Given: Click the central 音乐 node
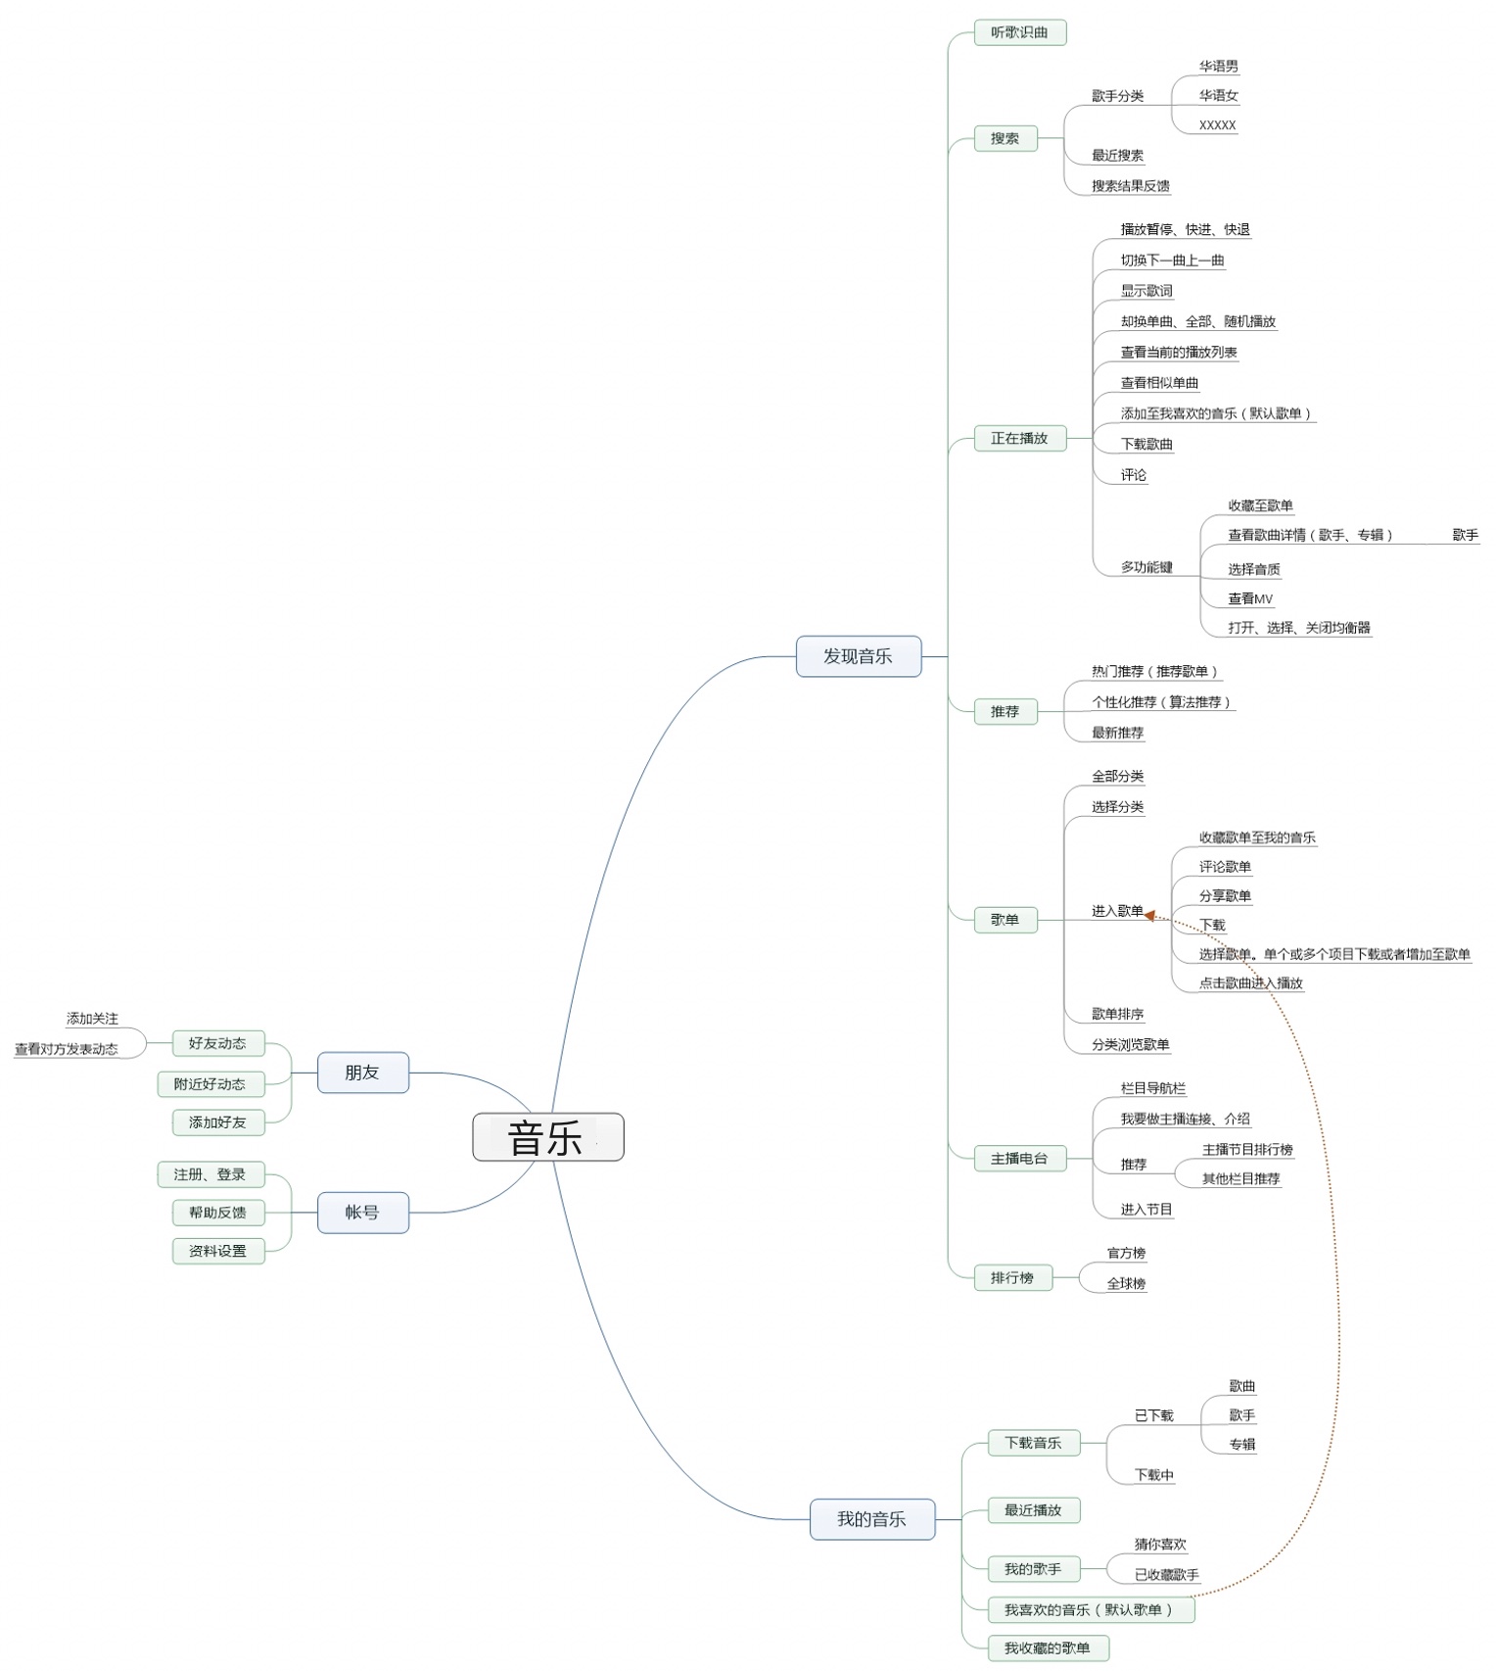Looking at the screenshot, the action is coord(548,1137).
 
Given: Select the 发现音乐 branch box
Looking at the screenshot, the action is coord(859,656).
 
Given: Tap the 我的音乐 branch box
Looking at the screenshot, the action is coord(872,1519).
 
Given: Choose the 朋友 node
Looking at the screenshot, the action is coord(363,1073).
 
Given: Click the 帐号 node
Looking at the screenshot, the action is coord(363,1213).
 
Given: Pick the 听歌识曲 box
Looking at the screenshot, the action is coord(1020,32).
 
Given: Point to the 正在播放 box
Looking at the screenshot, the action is coord(1020,438).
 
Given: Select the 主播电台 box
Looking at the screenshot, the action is coord(1020,1159).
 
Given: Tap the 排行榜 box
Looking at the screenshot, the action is coord(1013,1277).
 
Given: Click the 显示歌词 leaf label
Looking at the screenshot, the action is coord(1146,291).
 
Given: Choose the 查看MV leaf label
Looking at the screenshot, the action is coord(1251,598).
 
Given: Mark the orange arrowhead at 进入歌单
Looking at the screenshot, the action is coord(1150,915).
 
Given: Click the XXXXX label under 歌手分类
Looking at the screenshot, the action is coord(1218,125).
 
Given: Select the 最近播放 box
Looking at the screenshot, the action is coord(1034,1510).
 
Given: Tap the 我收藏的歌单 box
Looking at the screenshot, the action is coord(1048,1648).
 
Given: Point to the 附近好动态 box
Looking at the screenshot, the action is coord(210,1084).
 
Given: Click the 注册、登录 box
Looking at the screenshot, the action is coord(210,1174).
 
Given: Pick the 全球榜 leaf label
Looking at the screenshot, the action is coord(1127,1284).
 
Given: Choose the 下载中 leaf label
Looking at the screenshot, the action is coord(1154,1475).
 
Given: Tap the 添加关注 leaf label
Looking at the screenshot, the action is coord(92,1019).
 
